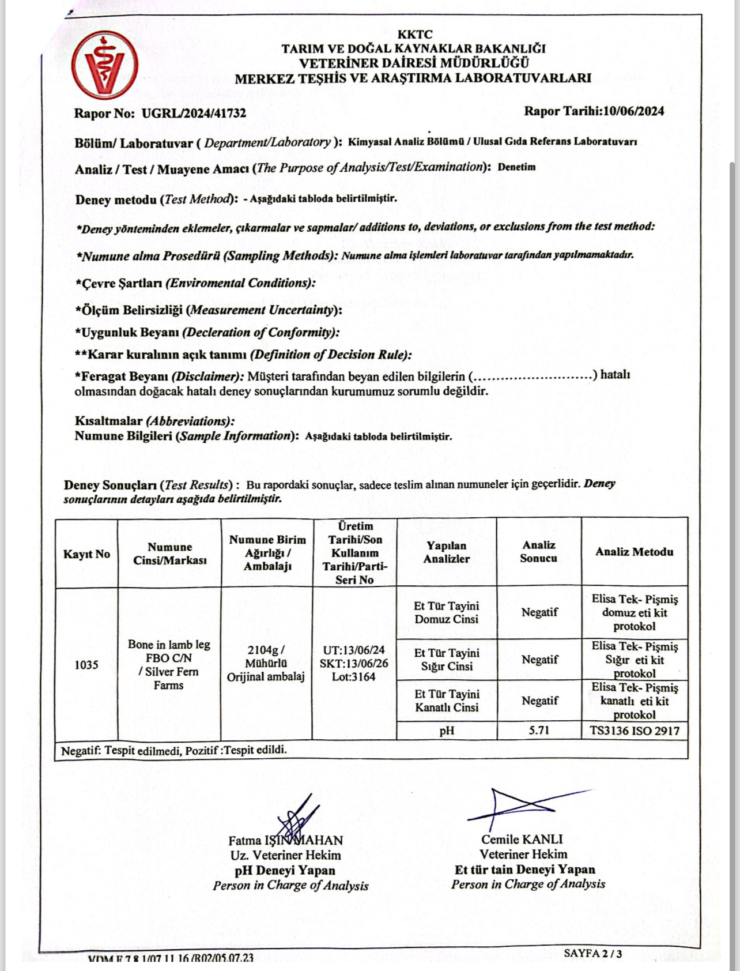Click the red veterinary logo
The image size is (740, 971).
(x=105, y=65)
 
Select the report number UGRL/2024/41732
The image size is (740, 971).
(x=194, y=113)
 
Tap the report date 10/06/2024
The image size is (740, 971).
(x=633, y=111)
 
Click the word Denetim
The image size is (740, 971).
(x=516, y=167)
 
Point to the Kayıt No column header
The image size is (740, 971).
(x=86, y=554)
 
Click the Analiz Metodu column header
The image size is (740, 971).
(x=634, y=552)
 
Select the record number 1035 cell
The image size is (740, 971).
(x=86, y=665)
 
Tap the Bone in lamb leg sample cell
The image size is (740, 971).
(x=169, y=665)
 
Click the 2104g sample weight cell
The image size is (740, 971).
(x=266, y=663)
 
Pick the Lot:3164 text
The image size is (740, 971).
(x=354, y=677)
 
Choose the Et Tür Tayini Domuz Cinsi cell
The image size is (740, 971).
(x=447, y=613)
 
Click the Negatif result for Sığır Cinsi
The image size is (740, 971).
(x=539, y=660)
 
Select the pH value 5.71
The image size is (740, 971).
(x=539, y=731)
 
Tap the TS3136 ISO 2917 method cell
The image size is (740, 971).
(x=635, y=731)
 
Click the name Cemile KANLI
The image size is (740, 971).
(x=522, y=840)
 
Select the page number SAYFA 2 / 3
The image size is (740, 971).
(x=592, y=953)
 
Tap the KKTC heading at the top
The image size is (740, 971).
(x=414, y=35)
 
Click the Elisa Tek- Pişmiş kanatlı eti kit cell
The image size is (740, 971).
(x=635, y=701)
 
